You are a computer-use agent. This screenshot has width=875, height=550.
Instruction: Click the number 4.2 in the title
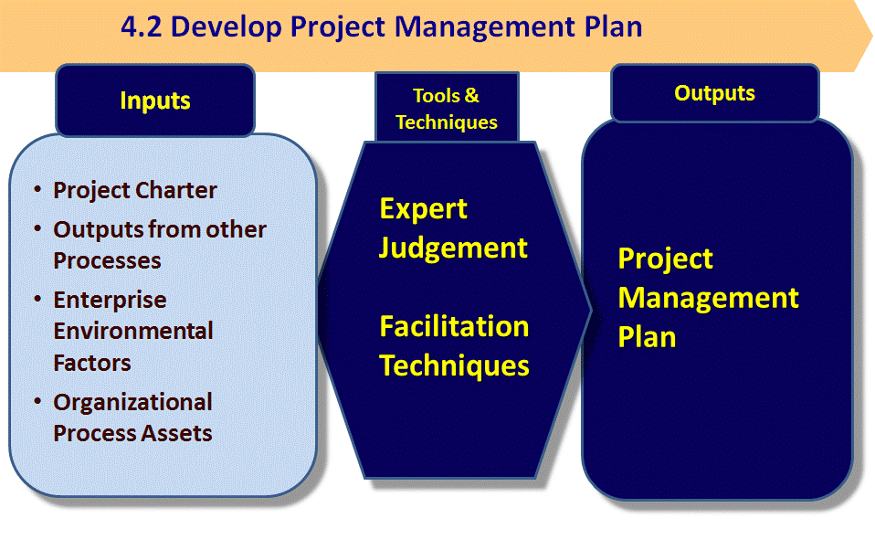[142, 26]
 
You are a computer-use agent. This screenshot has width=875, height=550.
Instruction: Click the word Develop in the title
[226, 26]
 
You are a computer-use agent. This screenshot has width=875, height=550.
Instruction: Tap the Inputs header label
[155, 100]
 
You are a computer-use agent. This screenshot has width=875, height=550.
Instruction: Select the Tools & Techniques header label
[447, 109]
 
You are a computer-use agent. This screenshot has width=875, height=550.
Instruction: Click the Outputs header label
[714, 93]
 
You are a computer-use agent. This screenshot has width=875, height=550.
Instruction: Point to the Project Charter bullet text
[135, 190]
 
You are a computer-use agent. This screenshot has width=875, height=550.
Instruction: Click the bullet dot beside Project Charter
[37, 189]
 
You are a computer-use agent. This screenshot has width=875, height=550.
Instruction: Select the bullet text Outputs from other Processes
[159, 245]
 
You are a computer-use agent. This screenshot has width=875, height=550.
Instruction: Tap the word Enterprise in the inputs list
[110, 300]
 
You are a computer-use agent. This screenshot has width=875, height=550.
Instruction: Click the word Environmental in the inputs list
[132, 331]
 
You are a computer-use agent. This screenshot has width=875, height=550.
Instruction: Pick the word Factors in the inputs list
[92, 363]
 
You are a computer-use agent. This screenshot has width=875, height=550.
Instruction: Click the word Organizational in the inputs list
[132, 402]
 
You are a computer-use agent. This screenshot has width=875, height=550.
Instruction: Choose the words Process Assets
[132, 433]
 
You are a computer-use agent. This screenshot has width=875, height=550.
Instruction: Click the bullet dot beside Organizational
[37, 401]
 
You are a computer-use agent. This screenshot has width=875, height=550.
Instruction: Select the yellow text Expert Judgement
[453, 228]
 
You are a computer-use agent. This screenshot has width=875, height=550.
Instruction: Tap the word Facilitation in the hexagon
[454, 326]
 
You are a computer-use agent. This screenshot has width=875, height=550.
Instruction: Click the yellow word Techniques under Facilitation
[454, 365]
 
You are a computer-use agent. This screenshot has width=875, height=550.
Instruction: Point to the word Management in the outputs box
[709, 298]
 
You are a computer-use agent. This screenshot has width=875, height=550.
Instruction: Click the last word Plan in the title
[612, 26]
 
